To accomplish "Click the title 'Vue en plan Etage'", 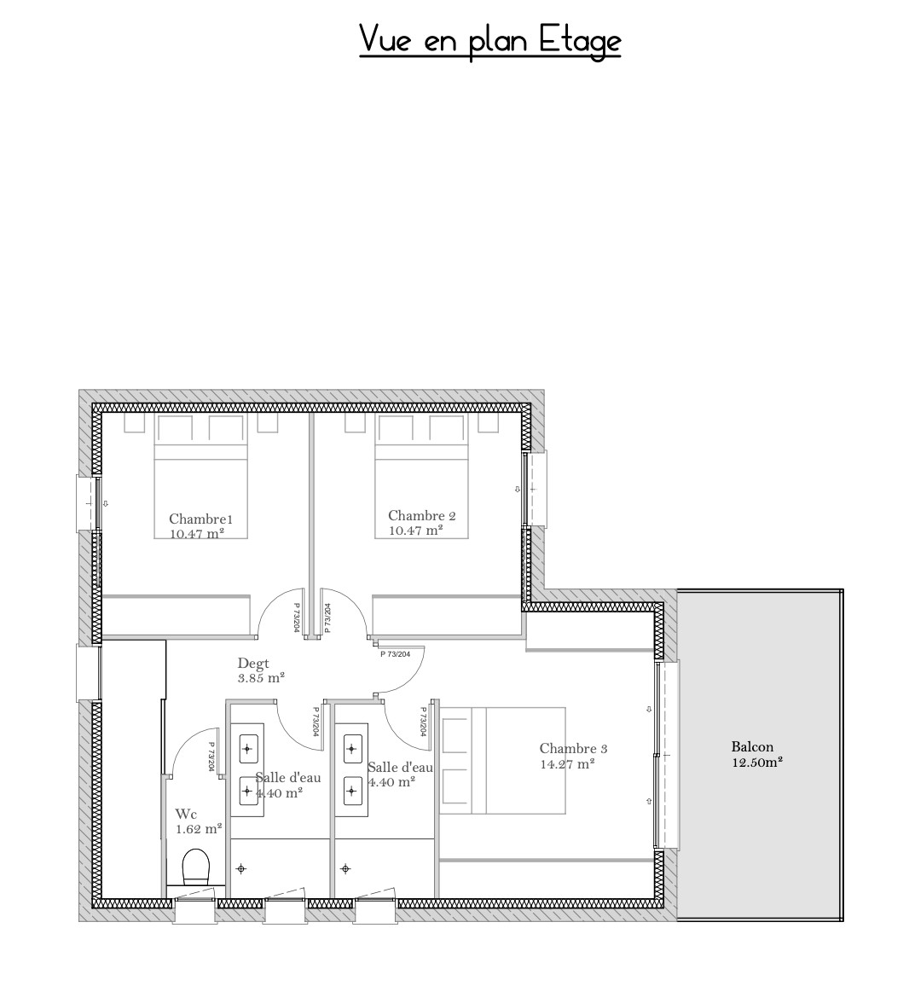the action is point(489,41).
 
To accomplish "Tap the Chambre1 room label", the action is point(200,519).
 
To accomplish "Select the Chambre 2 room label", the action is point(422,516).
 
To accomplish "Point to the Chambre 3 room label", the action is point(573,748).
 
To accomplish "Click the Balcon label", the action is point(752,747).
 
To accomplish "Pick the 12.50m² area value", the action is point(757,763).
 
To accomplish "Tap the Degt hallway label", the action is point(253,664).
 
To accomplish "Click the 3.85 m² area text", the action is point(261,678).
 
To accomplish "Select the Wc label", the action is point(186,815).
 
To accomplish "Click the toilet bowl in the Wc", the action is point(195,867).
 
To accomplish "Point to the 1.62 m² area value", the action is point(199,829).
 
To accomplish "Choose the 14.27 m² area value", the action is point(568,764).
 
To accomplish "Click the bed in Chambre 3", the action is point(502,760).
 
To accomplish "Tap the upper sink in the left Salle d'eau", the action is point(247,748).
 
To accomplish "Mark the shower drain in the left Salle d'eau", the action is point(240,869).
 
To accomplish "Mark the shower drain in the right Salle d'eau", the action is point(345,869).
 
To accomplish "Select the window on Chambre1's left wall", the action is point(89,503).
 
